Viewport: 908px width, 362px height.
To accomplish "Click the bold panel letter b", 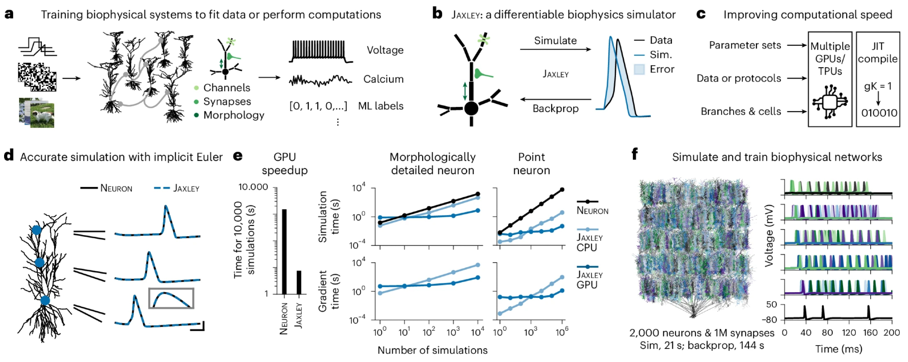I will pos(437,14).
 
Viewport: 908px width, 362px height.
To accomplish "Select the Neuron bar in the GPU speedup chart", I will pos(284,251).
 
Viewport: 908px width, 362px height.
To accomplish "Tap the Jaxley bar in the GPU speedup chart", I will pos(298,282).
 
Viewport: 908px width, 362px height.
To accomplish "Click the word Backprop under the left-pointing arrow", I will pos(555,109).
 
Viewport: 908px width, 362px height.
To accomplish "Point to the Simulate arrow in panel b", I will pos(555,49).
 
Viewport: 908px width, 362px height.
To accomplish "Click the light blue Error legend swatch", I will pos(639,69).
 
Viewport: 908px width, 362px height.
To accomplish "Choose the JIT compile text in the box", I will pos(878,53).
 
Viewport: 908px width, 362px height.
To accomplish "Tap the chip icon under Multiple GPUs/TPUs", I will pos(829,103).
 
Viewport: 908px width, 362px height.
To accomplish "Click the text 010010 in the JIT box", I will pos(879,113).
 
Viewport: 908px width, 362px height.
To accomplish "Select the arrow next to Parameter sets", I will pos(797,45).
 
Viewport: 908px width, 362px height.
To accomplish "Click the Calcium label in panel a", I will pos(383,79).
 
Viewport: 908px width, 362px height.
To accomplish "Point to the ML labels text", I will pos(380,106).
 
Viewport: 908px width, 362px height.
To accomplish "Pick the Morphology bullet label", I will pos(233,115).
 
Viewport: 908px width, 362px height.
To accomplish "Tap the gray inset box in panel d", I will pos(171,298).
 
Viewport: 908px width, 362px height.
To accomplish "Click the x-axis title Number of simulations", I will pos(432,350).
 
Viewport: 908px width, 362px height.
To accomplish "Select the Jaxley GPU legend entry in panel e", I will pos(589,279).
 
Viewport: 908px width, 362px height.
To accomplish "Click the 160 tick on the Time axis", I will pos(870,333).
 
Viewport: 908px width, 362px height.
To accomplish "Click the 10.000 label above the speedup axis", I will pos(253,187).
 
